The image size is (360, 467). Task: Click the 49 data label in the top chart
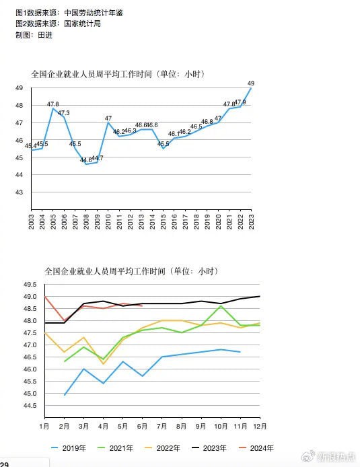251,83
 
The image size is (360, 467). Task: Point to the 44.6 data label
85,160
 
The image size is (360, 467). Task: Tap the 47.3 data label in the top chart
64,112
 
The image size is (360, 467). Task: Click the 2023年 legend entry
209,448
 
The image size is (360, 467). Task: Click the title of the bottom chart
131,271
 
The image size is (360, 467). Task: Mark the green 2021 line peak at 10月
220,306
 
